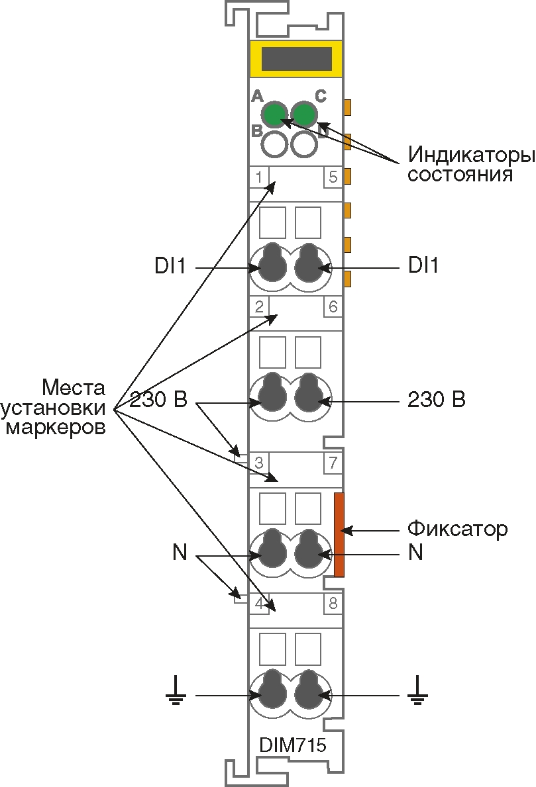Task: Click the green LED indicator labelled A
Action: coord(275,115)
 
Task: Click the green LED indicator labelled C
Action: coord(304,115)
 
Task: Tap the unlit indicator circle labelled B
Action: coord(275,144)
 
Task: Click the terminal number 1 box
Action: coord(259,177)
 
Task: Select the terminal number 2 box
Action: coord(259,306)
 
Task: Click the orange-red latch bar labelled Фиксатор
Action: coord(339,535)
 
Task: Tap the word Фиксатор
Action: coord(457,529)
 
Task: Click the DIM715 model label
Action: coord(293,745)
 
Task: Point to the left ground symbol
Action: coord(176,690)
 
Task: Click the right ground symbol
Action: coord(417,690)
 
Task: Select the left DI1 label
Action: coord(170,266)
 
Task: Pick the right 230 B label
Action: coord(436,400)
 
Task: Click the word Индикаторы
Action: coord(471,155)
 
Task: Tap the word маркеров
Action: coord(55,428)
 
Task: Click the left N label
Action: coord(180,552)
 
